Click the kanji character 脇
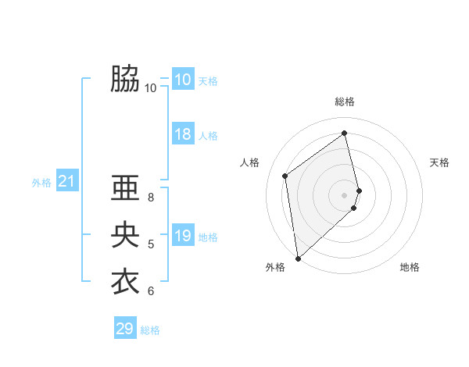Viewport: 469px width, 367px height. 125,79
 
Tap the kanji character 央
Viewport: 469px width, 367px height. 125,235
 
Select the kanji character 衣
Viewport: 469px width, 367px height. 125,282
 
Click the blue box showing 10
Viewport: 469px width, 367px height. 182,80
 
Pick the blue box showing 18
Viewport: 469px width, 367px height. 182,134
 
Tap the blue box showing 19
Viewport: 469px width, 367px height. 182,236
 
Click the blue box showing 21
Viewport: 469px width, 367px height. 66,182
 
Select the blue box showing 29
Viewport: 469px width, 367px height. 124,329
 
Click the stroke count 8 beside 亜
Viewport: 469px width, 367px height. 151,198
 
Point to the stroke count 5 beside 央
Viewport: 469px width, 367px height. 151,244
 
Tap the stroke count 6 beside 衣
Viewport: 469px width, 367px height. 151,291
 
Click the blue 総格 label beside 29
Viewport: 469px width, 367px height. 150,330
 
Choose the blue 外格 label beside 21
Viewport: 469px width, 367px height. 41,183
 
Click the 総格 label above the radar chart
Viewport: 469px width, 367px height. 345,102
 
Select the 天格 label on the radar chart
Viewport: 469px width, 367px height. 439,162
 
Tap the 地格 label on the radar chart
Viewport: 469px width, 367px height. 410,267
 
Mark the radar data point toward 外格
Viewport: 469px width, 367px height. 298,258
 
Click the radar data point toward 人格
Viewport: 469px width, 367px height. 285,176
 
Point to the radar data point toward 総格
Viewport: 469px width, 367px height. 345,133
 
